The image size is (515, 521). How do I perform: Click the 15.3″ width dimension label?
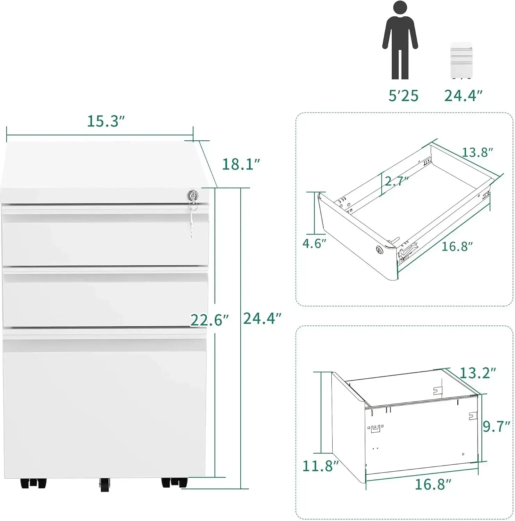106,121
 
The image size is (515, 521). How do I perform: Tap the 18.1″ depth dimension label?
241,164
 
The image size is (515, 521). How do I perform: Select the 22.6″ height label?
210,320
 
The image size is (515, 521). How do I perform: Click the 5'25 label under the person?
403,96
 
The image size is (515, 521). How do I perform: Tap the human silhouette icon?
400,40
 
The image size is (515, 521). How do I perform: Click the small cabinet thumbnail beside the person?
461,60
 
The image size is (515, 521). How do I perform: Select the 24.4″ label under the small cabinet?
463,96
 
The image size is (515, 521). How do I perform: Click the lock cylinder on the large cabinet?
192,196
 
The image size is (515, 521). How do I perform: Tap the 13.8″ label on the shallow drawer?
477,152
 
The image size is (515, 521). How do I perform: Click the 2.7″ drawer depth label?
396,181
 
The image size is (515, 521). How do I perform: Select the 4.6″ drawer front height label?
314,243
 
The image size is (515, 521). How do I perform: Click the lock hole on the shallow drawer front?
379,249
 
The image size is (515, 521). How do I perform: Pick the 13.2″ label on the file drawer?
477,373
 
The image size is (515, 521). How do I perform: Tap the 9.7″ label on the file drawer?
497,426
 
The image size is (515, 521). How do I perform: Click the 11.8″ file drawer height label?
320,466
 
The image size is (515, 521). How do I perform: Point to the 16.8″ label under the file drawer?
433,484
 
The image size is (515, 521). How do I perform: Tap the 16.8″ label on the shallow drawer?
457,247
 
